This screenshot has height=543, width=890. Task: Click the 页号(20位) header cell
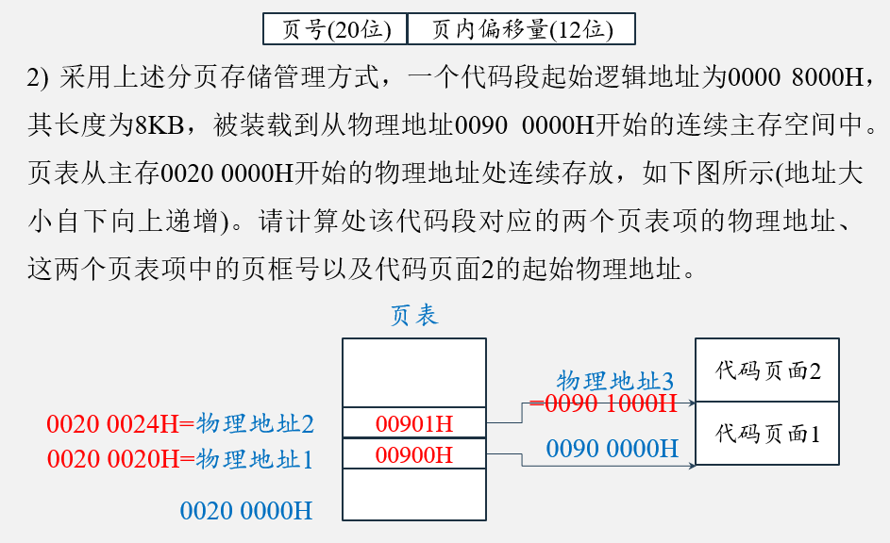[335, 29]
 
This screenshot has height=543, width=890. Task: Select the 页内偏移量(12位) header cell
[521, 29]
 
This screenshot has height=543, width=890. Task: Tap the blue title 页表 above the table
[414, 315]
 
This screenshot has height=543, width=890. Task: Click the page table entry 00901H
[414, 423]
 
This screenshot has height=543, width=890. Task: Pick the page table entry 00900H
[414, 454]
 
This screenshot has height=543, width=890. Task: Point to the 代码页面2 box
[766, 370]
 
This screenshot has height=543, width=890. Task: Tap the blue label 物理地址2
[255, 424]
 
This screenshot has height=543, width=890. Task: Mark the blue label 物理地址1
[255, 459]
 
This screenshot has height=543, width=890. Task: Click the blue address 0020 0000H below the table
[245, 511]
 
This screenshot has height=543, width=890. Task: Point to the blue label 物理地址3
[614, 381]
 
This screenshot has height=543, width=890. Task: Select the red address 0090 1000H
[604, 403]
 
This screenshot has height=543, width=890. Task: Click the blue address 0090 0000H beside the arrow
[612, 448]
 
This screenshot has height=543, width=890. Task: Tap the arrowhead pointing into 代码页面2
[692, 403]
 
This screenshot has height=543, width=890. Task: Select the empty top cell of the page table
[414, 373]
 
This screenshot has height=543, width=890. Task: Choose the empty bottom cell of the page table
[414, 495]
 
